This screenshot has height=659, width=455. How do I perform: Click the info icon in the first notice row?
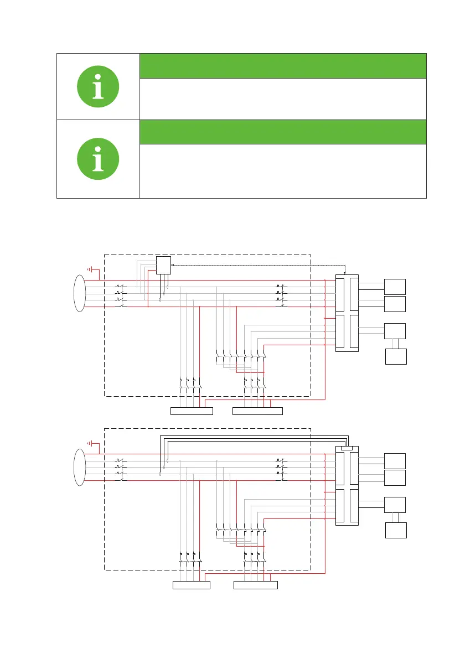(x=98, y=86)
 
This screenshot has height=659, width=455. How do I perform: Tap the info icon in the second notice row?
(x=98, y=159)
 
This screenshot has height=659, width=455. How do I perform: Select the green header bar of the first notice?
(x=283, y=66)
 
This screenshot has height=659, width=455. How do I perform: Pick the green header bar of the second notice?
(x=283, y=132)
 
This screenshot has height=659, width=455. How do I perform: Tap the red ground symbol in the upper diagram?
(x=92, y=271)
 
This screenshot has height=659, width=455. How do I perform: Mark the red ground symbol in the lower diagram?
(x=92, y=444)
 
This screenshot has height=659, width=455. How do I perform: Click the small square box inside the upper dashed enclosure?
(x=164, y=266)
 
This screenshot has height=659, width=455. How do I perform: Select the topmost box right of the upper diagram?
(x=395, y=287)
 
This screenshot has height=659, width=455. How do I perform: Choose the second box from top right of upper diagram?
(x=395, y=304)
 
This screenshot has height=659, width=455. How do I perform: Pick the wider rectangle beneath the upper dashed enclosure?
(x=257, y=411)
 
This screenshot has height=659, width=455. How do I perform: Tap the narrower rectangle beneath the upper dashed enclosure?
(x=192, y=411)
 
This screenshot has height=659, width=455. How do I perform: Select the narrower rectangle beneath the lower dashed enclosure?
(x=192, y=585)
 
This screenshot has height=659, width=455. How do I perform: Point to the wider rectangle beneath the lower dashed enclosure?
(x=255, y=585)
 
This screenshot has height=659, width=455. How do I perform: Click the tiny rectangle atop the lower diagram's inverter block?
(x=347, y=448)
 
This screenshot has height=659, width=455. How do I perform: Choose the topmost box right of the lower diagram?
(x=395, y=460)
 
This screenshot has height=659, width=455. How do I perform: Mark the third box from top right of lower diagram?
(x=395, y=505)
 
